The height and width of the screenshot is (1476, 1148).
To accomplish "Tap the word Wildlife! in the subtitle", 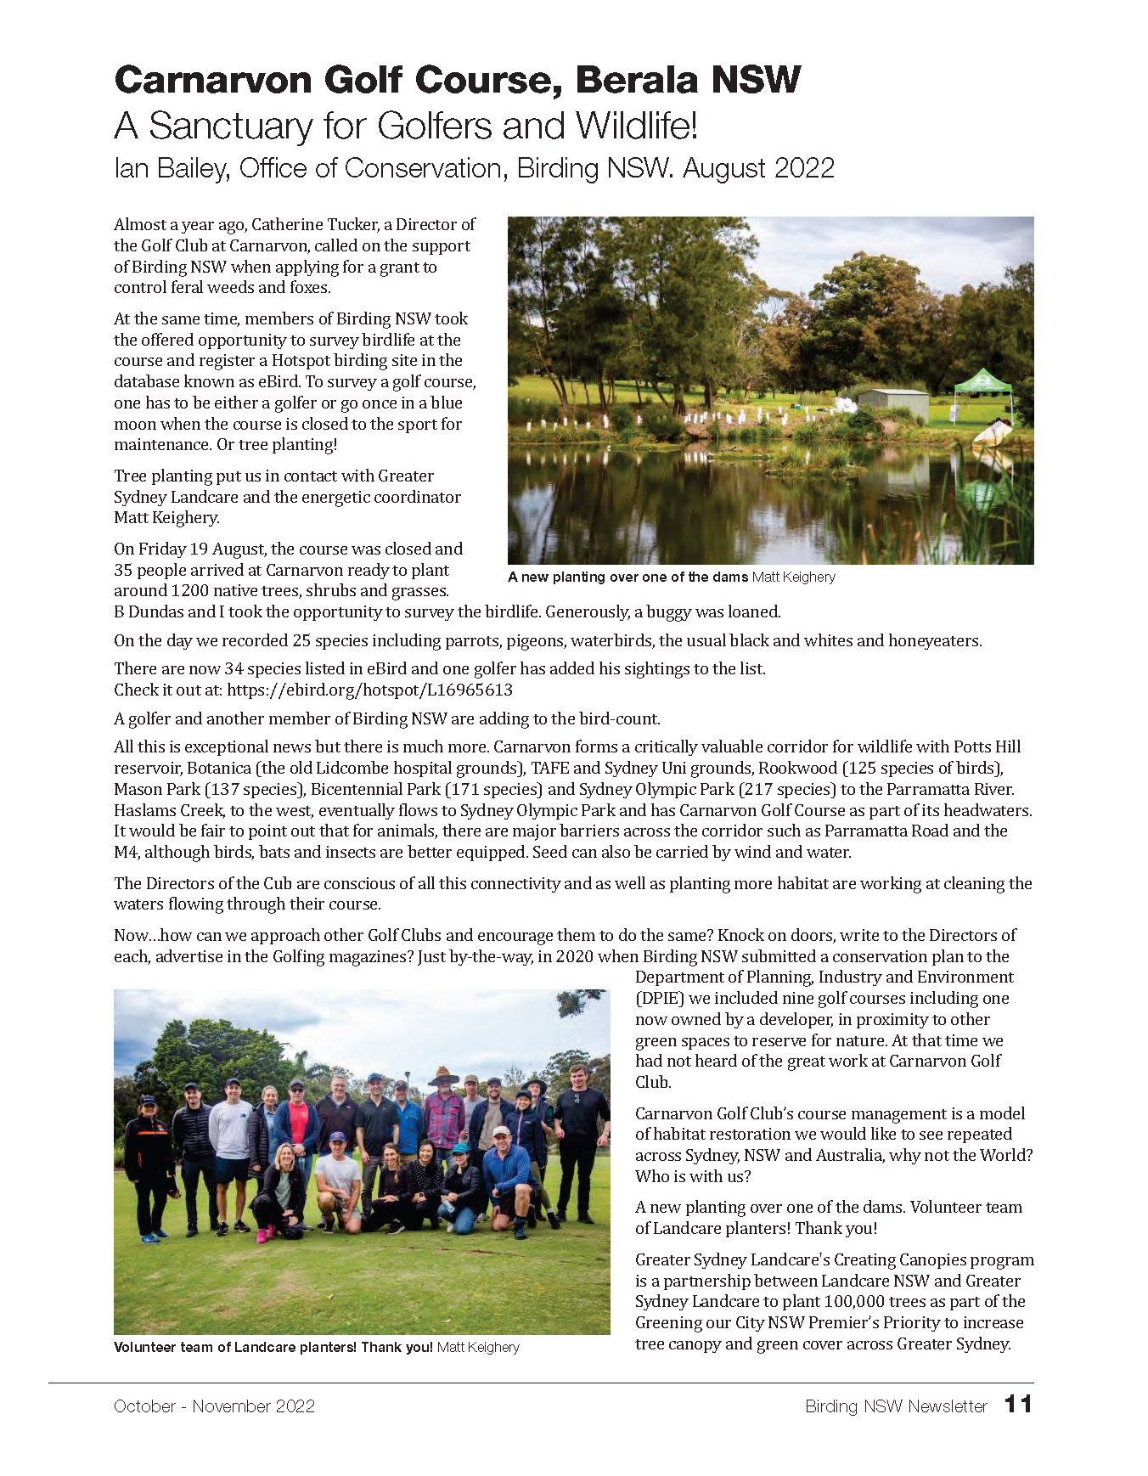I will pyautogui.click(x=636, y=126).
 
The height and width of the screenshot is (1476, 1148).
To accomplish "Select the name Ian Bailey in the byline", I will pyautogui.click(x=170, y=168).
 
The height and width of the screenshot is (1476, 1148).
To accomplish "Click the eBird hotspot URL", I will pyautogui.click(x=369, y=690).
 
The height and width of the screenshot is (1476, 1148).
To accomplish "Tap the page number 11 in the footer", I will pyautogui.click(x=1017, y=1404).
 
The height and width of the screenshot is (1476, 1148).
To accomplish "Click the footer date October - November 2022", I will pyautogui.click(x=214, y=1406).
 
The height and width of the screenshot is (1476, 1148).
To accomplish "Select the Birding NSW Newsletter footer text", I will pyautogui.click(x=896, y=1406).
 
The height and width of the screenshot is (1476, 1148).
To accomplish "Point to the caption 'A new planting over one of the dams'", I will pyautogui.click(x=627, y=577).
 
